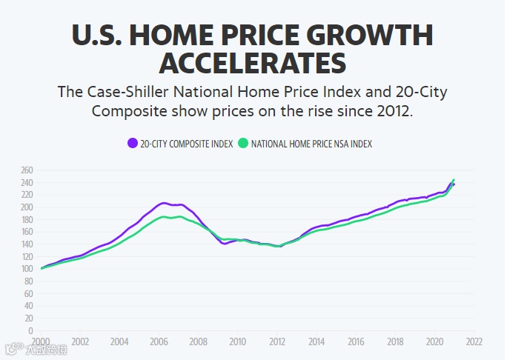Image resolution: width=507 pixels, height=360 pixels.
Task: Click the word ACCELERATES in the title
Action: (253, 62)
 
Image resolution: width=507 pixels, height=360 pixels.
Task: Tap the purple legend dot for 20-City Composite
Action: (132, 143)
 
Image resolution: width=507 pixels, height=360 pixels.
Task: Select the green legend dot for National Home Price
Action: (242, 143)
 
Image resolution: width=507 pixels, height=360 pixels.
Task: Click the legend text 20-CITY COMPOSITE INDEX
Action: (186, 144)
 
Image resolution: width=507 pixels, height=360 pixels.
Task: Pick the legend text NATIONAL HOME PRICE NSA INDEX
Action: (311, 144)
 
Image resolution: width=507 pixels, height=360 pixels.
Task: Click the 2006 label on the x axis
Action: (159, 342)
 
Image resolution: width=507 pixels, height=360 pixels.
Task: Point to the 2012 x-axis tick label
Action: (277, 342)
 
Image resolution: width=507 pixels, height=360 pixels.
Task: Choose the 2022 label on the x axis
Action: (474, 342)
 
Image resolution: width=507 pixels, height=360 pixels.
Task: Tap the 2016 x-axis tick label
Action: (356, 342)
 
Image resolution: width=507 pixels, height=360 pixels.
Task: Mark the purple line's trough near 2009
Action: (224, 243)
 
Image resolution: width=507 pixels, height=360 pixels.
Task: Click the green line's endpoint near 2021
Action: (454, 179)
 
